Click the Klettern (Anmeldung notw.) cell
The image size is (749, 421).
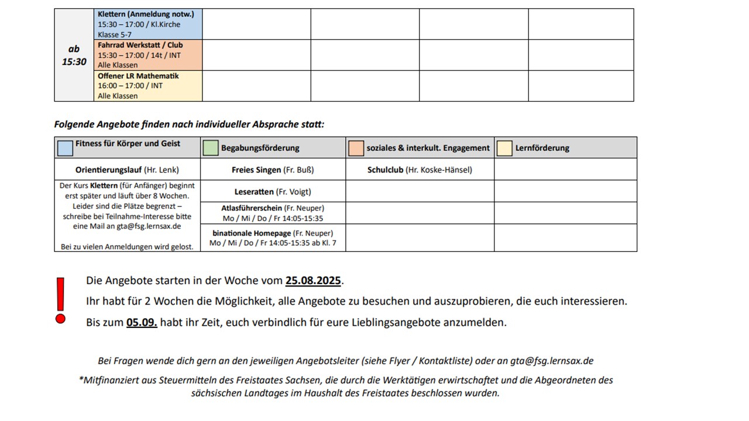pos(148,24)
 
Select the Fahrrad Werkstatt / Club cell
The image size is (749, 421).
pos(148,55)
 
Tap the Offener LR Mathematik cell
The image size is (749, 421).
pos(148,86)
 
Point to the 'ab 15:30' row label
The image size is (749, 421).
pos(74,56)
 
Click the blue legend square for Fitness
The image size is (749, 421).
pos(65,148)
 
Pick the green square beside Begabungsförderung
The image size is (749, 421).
pos(211,148)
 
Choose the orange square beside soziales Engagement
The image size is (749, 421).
pos(356,148)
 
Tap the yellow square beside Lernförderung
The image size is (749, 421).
pos(504,148)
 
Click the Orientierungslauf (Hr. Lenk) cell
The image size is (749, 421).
pos(127,170)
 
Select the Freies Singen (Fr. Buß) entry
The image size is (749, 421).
pos(273,170)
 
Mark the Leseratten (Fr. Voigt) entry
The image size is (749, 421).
pos(273,191)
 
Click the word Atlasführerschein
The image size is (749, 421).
pos(252,208)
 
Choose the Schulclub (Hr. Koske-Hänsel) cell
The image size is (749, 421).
pos(420,170)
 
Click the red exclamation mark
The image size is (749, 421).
pos(60,300)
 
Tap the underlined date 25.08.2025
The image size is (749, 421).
pos(313,281)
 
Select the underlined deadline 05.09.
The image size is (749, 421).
pos(142,322)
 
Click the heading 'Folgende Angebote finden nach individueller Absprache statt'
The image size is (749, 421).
pos(189,125)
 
